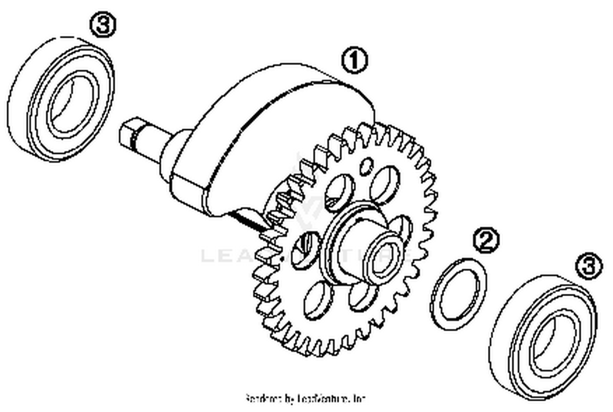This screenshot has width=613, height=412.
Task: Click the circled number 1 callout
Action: point(354,61)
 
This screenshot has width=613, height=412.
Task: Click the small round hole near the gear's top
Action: point(367,165)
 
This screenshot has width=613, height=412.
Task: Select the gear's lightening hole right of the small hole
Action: point(384,184)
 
